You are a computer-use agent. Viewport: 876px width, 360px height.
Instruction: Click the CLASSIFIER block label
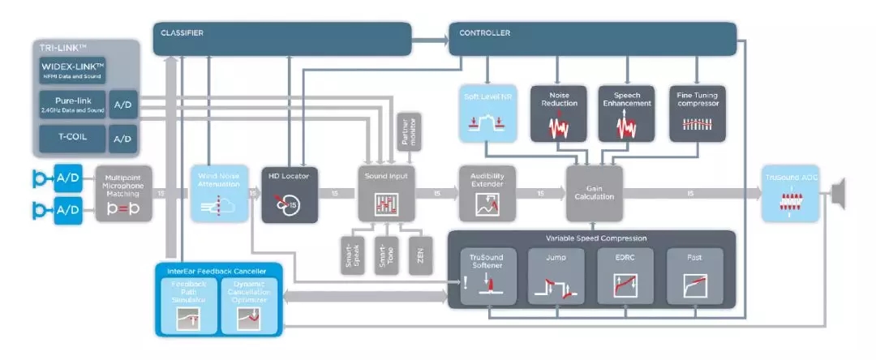point(182,33)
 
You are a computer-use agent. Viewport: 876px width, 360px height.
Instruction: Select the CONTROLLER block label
point(484,33)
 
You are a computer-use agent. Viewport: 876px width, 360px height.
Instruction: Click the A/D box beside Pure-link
point(122,104)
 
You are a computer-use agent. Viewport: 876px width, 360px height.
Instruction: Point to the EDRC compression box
point(625,276)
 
